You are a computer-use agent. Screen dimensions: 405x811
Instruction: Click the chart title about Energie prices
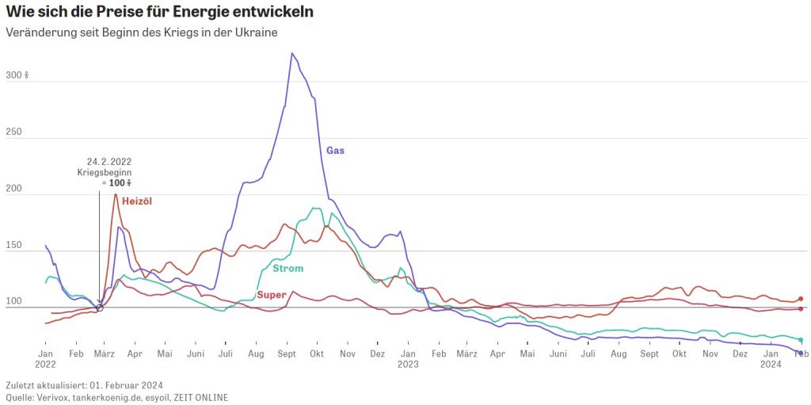pos(159,12)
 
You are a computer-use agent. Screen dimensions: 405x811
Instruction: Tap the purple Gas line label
pos(336,150)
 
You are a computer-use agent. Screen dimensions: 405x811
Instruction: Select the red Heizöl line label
pos(136,201)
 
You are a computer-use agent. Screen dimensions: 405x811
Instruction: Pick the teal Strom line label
pos(287,269)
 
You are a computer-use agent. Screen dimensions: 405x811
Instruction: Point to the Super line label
pos(272,295)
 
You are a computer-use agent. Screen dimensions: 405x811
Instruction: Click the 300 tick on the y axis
pos(16,76)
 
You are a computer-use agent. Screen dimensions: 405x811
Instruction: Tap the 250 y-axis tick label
pos(15,133)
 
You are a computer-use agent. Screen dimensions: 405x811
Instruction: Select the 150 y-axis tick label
pos(15,246)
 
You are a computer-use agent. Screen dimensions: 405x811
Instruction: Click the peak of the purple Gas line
pos(292,53)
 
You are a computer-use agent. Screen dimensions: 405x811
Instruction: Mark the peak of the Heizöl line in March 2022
pos(116,194)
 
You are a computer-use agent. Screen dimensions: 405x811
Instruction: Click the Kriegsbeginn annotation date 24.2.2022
pos(109,162)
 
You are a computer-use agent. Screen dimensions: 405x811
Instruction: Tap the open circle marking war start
pos(99,308)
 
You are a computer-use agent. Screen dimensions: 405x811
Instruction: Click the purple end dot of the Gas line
pos(801,353)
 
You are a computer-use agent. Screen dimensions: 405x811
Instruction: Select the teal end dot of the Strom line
pos(801,340)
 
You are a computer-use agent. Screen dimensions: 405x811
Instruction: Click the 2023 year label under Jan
pos(408,365)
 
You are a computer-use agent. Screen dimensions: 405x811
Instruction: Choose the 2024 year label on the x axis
pos(771,365)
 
